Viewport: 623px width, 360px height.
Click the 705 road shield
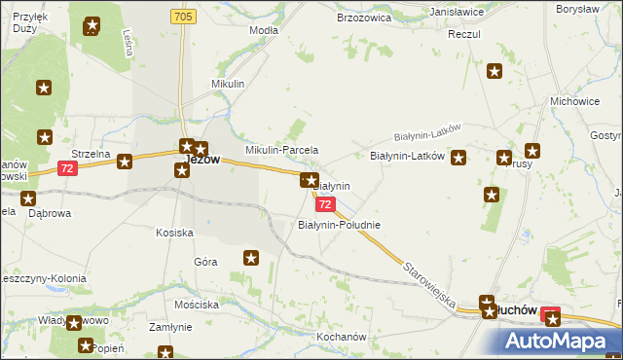click(x=182, y=18)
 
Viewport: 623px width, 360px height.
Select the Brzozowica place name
click(x=362, y=18)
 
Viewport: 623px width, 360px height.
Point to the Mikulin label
click(x=228, y=85)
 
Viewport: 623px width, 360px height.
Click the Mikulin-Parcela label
click(x=281, y=151)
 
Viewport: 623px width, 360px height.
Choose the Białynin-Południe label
click(x=338, y=225)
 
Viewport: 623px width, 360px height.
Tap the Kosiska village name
click(x=175, y=233)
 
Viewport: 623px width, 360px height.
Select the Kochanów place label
click(x=340, y=338)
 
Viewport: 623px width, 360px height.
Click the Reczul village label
click(x=465, y=34)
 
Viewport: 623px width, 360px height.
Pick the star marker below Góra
click(x=251, y=258)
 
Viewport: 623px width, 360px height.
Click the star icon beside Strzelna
click(x=125, y=162)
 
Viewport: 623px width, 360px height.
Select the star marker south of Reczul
click(x=495, y=71)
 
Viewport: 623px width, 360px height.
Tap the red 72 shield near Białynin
click(x=325, y=204)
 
